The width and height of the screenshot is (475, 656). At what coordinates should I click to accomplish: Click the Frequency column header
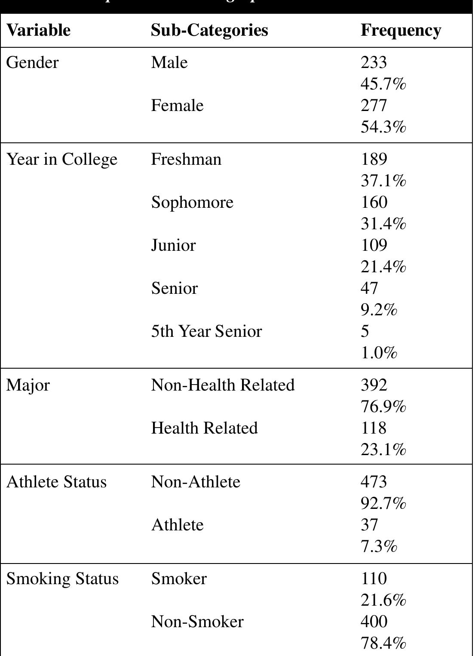tap(401, 30)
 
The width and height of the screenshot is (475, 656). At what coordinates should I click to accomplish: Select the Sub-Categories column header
tap(209, 30)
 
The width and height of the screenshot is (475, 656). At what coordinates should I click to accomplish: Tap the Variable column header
tap(38, 30)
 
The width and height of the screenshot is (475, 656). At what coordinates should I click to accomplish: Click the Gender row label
tap(32, 62)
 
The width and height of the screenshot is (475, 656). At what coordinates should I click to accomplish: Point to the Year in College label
tap(62, 159)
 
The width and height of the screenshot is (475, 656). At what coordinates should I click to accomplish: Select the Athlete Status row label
tap(56, 482)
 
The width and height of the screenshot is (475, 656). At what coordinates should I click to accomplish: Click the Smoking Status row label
tap(62, 579)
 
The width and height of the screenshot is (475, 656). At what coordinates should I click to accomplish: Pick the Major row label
tap(28, 385)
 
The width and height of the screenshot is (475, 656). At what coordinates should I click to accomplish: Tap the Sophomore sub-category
tap(192, 202)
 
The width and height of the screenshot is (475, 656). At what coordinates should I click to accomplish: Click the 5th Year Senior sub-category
tap(206, 331)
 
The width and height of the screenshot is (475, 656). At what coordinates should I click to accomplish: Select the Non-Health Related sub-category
tap(223, 385)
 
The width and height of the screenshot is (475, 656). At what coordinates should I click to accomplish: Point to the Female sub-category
tap(177, 105)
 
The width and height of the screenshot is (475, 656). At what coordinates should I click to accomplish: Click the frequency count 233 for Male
tap(374, 62)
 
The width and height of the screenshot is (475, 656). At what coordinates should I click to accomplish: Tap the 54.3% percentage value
tap(383, 127)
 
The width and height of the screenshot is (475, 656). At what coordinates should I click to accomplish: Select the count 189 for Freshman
tap(374, 159)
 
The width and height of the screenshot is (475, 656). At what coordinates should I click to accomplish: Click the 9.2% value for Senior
tap(378, 310)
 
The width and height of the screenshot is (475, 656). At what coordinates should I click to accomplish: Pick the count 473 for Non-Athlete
tap(374, 482)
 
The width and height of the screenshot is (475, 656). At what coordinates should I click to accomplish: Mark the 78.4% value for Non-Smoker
tap(383, 643)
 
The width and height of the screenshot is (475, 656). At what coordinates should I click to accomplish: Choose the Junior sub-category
tap(173, 245)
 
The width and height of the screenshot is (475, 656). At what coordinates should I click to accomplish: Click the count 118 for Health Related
tap(374, 428)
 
